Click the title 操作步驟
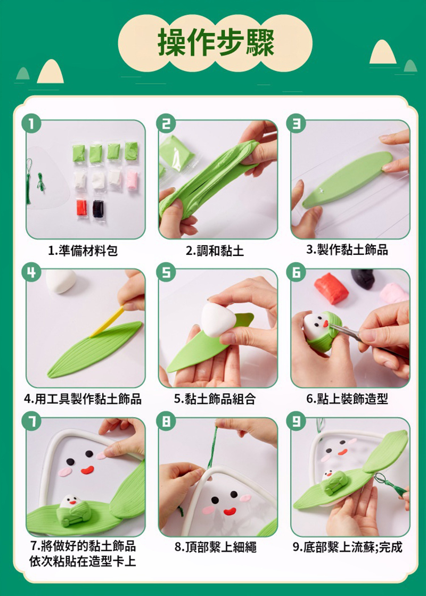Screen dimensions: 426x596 point(216,43)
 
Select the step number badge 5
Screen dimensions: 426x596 point(166,272)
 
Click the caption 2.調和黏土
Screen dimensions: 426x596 point(215,251)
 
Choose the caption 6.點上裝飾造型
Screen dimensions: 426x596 point(347,399)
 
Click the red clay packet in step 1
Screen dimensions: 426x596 point(82,208)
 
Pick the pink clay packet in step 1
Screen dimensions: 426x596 point(132,180)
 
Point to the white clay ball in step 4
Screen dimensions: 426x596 point(61,282)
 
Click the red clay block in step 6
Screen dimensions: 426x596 point(331,288)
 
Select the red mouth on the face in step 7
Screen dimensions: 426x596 point(87,470)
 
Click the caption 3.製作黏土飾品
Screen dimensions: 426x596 point(347,250)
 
